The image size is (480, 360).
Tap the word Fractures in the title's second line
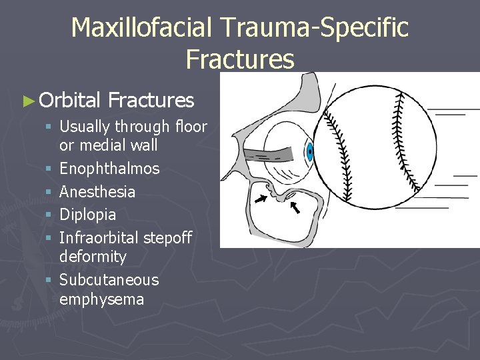[x=240, y=59]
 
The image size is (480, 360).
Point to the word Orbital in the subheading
[x=70, y=101]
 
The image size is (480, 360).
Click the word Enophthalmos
[x=109, y=169]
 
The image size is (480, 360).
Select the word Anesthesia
[x=97, y=192]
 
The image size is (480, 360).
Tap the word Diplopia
[x=87, y=215]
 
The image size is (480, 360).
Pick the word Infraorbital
[x=100, y=237]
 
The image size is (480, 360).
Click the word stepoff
[x=168, y=237]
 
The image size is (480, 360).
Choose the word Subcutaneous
[x=109, y=280]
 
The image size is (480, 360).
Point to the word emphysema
[x=101, y=299]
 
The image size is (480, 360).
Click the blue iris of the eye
[x=310, y=153]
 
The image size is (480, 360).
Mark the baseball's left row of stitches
[x=339, y=147]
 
